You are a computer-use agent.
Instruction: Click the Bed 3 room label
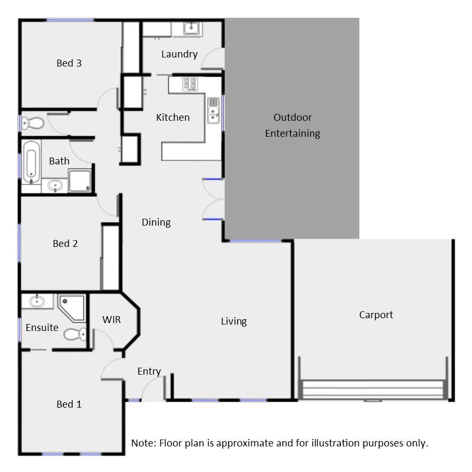tap(69, 63)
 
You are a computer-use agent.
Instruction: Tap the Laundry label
tap(179, 54)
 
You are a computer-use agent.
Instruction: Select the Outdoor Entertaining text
tap(293, 125)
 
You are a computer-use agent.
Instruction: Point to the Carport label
tap(376, 314)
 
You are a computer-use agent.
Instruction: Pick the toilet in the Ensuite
tap(75, 334)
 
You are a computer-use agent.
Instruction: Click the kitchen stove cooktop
tap(190, 84)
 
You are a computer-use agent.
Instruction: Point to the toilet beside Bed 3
tap(33, 123)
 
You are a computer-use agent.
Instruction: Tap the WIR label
tap(112, 319)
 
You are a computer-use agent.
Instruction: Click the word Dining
tap(156, 222)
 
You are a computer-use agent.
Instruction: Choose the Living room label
tap(234, 321)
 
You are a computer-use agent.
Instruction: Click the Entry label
tap(149, 371)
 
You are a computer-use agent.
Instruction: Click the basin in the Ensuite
tap(37, 302)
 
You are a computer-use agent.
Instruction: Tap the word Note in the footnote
tap(143, 443)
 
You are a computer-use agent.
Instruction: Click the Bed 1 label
tap(69, 404)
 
